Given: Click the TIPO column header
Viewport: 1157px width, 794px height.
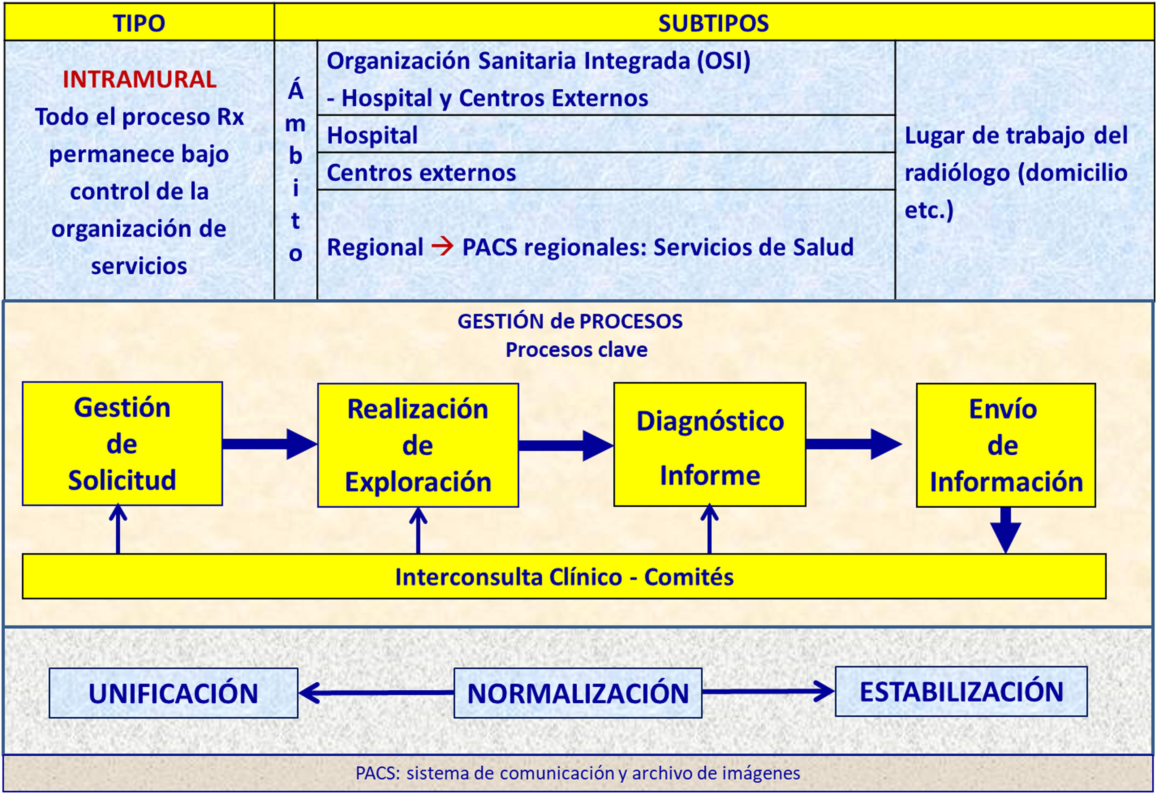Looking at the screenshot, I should click(x=139, y=23).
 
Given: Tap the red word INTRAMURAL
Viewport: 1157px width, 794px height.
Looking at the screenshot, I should click(x=139, y=79).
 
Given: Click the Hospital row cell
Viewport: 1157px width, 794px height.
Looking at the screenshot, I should click(x=605, y=135).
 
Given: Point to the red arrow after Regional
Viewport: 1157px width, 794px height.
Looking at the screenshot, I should click(x=442, y=246).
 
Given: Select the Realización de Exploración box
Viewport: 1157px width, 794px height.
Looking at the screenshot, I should click(x=418, y=445).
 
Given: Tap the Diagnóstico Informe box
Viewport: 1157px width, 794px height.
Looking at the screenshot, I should click(x=710, y=444).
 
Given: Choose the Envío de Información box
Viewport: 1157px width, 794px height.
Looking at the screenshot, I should click(x=1005, y=445).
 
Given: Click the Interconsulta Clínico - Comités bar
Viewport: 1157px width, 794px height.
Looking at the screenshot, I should click(x=564, y=577).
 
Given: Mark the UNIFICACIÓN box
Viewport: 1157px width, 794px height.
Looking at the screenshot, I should click(x=173, y=693).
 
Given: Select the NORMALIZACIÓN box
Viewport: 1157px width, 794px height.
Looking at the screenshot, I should click(x=578, y=693).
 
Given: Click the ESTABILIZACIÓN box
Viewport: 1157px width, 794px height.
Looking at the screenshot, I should click(x=961, y=692).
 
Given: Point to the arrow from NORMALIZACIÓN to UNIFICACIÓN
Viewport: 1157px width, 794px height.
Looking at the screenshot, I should click(x=376, y=692).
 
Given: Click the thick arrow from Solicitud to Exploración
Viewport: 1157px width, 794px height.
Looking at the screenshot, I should click(x=269, y=444).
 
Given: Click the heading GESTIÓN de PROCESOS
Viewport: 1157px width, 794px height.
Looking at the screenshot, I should click(x=570, y=321).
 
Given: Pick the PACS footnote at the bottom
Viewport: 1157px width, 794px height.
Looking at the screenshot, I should click(x=578, y=773).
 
